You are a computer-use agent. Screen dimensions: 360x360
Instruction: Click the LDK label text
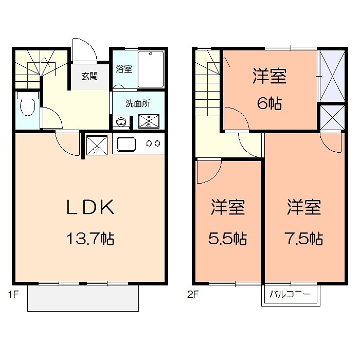(89, 207)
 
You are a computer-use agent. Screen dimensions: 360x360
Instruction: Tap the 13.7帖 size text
(89, 239)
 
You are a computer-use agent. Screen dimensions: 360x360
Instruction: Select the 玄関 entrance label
(89, 76)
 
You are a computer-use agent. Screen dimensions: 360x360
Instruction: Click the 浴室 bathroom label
(123, 69)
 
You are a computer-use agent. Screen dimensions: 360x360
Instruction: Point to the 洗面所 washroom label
(138, 103)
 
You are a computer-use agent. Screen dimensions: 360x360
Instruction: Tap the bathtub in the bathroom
(151, 69)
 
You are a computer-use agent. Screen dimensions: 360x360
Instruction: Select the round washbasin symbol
(122, 122)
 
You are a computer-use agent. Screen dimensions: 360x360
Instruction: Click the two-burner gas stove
(153, 143)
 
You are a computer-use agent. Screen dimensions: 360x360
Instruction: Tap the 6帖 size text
(269, 103)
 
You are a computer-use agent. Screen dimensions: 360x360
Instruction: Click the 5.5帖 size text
(227, 239)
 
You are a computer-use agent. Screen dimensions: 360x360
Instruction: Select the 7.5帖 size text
(303, 239)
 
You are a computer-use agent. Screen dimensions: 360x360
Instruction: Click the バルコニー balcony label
(290, 296)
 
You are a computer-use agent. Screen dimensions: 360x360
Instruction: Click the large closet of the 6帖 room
(331, 76)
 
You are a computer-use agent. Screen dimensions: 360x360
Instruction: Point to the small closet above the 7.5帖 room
(331, 118)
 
